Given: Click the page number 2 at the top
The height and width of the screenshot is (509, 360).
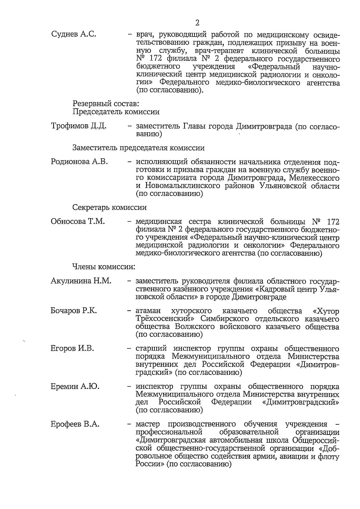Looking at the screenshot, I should click(x=197, y=23).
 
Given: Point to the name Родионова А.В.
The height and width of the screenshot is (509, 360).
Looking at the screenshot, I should click(x=79, y=162).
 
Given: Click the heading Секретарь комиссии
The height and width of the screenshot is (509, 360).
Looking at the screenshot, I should click(x=109, y=207).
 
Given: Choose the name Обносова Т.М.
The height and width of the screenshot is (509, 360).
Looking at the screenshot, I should click(x=78, y=221).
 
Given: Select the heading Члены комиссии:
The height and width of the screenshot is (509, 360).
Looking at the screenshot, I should click(x=103, y=267).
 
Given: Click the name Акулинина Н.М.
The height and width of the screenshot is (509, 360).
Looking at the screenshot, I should click(x=81, y=281).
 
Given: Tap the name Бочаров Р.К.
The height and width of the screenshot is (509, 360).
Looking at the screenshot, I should click(x=74, y=311).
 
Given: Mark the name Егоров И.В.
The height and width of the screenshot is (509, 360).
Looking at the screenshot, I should click(x=72, y=348).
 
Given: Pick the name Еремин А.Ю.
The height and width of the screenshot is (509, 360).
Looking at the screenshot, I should click(x=75, y=386).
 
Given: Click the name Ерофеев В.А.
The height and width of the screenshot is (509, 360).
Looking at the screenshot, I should click(x=75, y=424).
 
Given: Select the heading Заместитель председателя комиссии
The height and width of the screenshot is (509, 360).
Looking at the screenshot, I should click(x=139, y=148).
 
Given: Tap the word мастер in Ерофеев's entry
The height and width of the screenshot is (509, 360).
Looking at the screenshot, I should click(x=147, y=424).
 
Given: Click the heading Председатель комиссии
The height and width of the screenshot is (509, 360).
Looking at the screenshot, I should click(x=116, y=112).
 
